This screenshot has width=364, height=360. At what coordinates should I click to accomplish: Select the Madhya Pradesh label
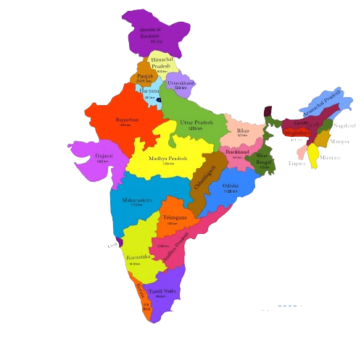pos(168,159)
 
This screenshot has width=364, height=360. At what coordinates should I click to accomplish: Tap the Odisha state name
pos(231,185)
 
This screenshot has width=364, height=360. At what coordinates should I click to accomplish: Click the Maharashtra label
pos(136,200)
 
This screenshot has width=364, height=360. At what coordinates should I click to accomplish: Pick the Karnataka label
pos(138,257)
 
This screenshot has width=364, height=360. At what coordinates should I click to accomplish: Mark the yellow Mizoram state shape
pos(313,154)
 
